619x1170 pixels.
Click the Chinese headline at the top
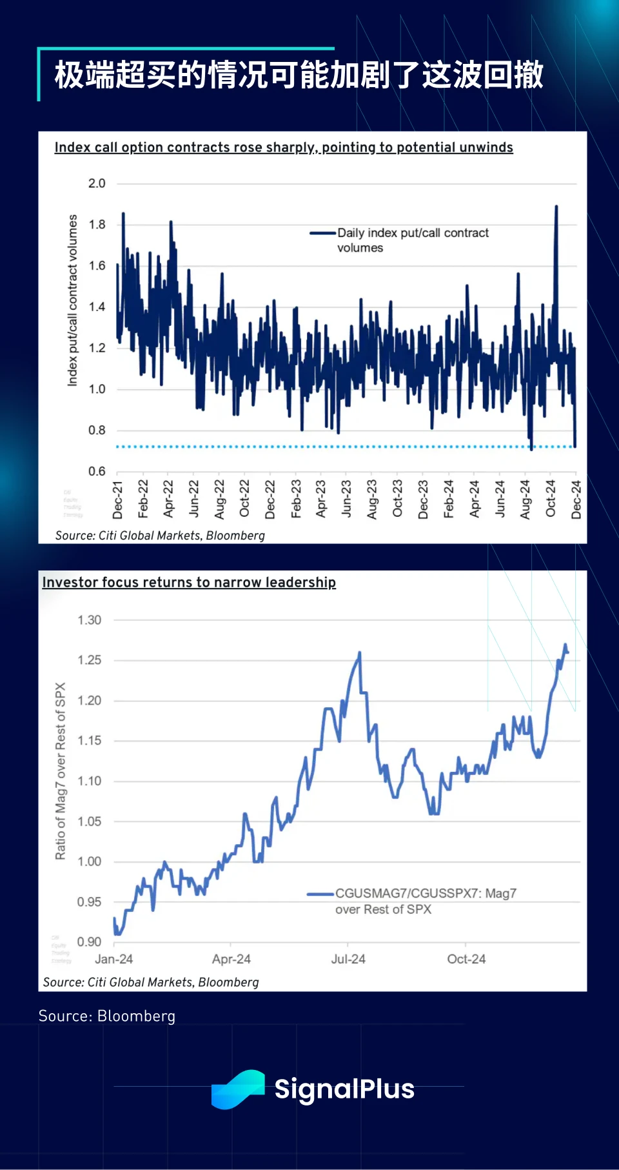point(299,75)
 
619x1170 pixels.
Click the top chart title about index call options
point(284,147)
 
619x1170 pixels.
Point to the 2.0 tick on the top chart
point(97,183)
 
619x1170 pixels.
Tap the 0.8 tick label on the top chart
point(97,430)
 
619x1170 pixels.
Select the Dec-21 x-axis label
point(118,499)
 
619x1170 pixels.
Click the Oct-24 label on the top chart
point(551,498)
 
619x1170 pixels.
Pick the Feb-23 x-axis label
point(296,498)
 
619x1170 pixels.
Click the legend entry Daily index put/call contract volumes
point(413,240)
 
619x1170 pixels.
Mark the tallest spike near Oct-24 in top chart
point(556,207)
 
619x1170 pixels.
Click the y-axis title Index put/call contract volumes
point(72,300)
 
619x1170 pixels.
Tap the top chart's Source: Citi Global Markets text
point(160,535)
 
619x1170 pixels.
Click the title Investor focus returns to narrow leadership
point(189,582)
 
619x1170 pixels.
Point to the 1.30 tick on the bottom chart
point(89,620)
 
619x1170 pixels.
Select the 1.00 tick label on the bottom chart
point(89,862)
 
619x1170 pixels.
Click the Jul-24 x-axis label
point(348,959)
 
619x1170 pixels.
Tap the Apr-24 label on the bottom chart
point(231,959)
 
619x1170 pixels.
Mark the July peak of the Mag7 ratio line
point(359,653)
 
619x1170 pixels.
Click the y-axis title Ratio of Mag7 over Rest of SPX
point(61,771)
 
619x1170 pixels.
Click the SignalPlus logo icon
point(238,1089)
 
